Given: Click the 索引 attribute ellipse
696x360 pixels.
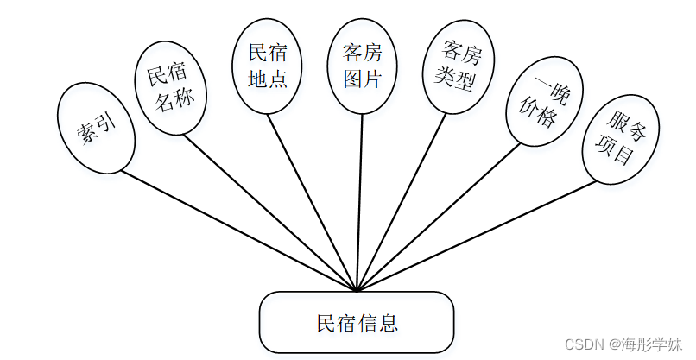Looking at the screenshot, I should coord(96,127).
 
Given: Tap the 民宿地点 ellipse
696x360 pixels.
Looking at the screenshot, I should coord(268,66).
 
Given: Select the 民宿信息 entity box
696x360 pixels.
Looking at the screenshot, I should coord(357,323).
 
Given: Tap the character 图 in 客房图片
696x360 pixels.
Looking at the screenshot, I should coord(351,79).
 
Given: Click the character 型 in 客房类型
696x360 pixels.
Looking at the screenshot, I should coord(469,81).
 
